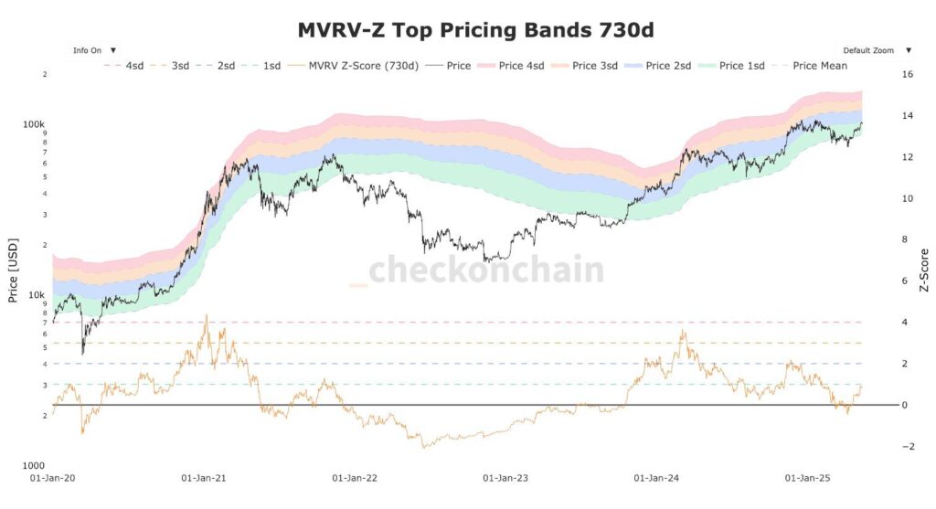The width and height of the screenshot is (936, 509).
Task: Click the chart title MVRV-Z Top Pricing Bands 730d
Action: click(x=475, y=30)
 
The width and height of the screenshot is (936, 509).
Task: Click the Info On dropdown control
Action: click(x=95, y=50)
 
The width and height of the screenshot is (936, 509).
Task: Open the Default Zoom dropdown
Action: click(x=876, y=50)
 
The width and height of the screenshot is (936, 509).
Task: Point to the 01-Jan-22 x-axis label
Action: click(x=354, y=477)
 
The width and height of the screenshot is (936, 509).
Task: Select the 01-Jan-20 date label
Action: click(x=52, y=477)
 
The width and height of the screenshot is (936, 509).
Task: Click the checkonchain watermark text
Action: click(x=485, y=270)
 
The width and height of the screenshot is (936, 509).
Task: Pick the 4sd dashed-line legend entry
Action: click(x=125, y=66)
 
